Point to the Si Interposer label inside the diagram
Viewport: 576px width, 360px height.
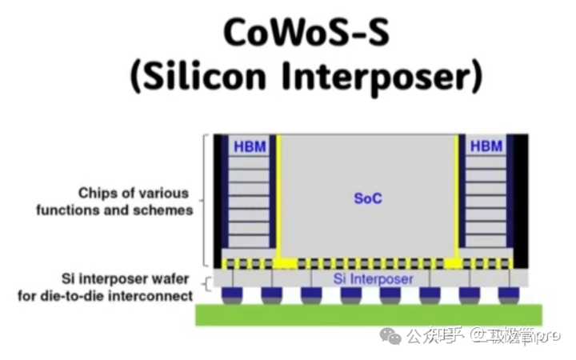click(373, 279)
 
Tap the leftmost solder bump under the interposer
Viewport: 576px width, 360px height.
click(232, 297)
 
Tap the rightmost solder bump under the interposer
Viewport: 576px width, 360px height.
click(506, 297)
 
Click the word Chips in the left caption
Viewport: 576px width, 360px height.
click(98, 194)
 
